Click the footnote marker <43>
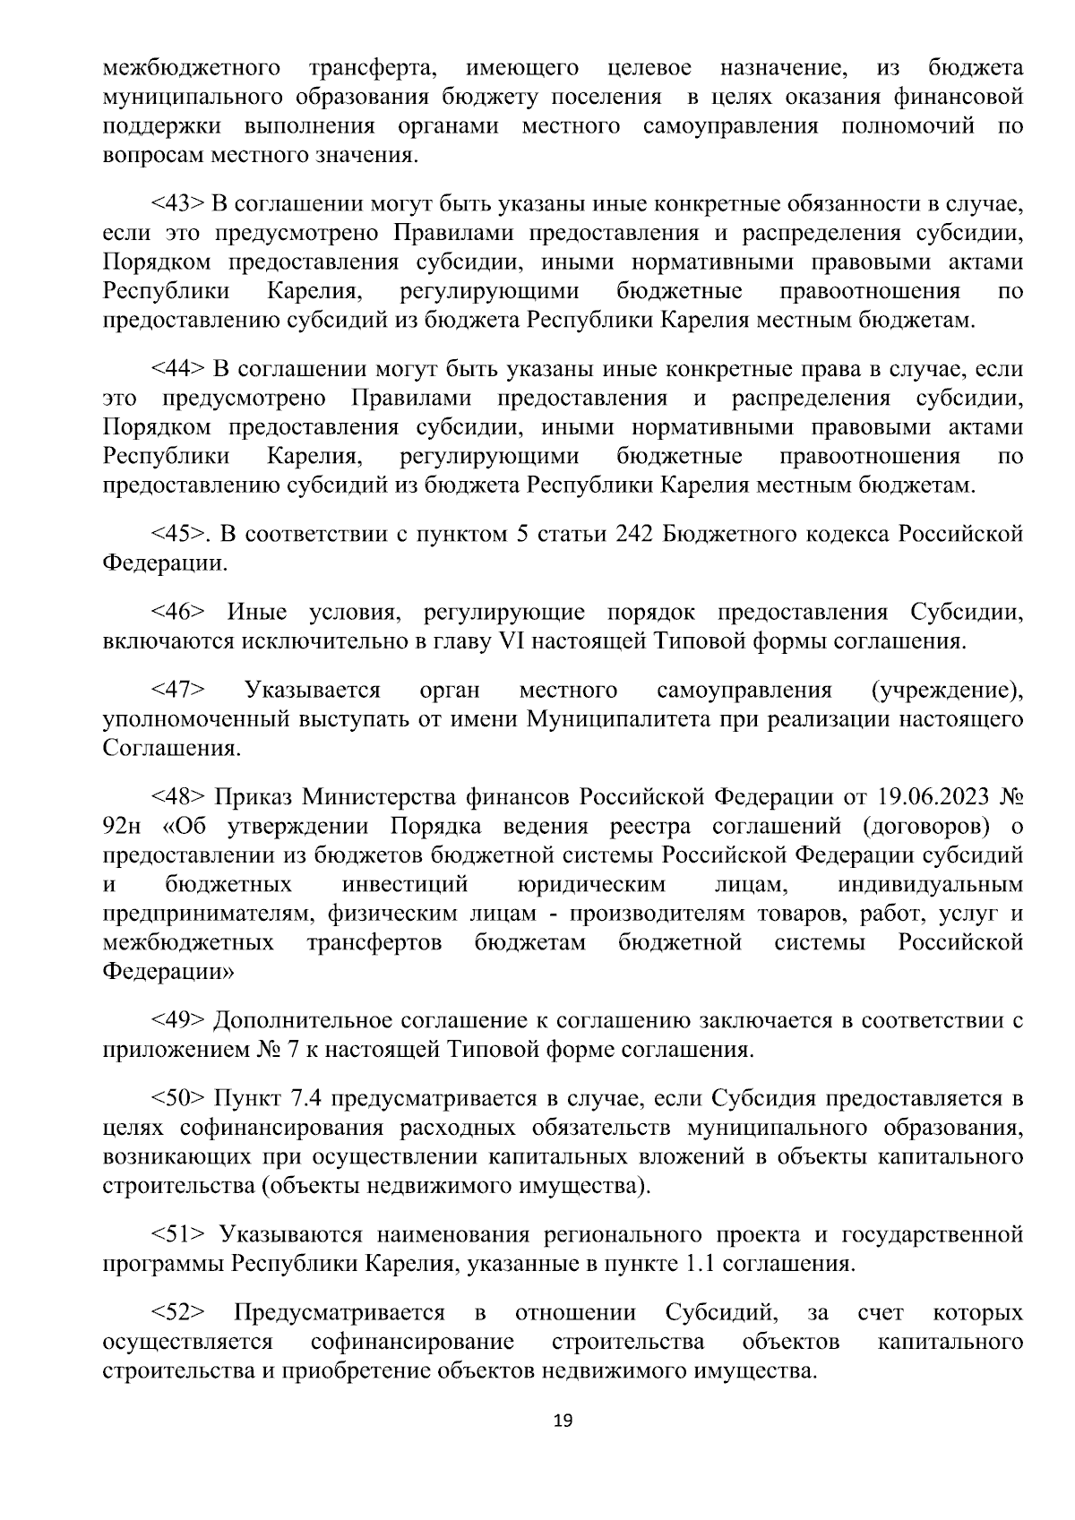click(179, 205)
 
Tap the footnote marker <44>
click(179, 370)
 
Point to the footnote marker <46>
click(179, 613)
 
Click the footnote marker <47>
click(179, 690)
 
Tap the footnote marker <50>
click(179, 1098)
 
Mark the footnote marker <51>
click(179, 1236)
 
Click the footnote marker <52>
click(179, 1313)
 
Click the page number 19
click(563, 1421)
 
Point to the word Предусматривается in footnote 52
click(340, 1313)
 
